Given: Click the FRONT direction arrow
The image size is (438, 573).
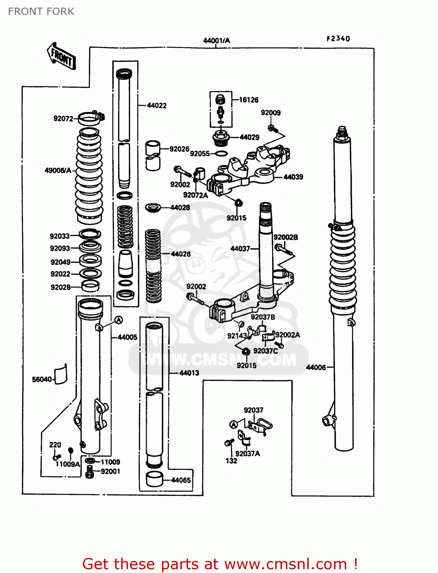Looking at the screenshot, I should pos(61,56).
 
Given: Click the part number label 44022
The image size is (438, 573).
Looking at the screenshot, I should pos(157,105).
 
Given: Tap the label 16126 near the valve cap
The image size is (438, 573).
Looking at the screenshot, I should pos(249,100).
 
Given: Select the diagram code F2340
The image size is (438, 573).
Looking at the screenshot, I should pos(338,39).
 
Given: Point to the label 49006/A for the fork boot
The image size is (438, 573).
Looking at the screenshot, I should pos(58,170).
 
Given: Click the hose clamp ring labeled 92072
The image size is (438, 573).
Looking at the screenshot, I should pos(91,118).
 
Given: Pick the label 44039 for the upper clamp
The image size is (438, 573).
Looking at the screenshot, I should pos(293,177).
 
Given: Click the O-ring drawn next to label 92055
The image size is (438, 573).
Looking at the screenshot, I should pos(221,154).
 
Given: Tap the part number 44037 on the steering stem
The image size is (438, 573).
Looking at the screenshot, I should pos(240,249).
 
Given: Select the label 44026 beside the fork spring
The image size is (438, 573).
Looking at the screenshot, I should pos(180,254).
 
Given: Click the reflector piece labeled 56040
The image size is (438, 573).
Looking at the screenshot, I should pos(60,374).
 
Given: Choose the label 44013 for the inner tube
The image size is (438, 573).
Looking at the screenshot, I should pos(189,373).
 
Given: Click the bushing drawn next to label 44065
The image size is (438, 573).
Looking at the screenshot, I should pos(154,479).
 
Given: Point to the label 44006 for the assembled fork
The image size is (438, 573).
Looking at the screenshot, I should pos(316,367).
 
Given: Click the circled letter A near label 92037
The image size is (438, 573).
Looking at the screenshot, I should pos(234,424).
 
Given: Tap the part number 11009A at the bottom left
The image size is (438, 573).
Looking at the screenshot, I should pos(68,464).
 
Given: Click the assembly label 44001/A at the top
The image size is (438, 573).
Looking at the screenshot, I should pos(216,40).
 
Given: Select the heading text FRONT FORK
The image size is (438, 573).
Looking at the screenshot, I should pos(41,11).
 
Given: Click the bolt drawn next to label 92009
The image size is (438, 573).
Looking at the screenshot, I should pos(272,128).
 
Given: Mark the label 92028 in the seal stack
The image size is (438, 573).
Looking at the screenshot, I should pos(61,287).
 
